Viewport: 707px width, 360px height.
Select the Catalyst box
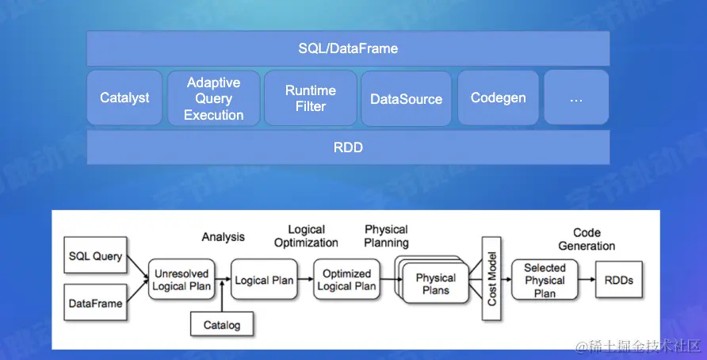124,98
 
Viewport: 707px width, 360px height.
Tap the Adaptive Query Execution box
213,98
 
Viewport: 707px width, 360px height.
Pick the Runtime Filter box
310,98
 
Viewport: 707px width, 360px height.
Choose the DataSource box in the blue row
406,99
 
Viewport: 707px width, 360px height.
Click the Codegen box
498,98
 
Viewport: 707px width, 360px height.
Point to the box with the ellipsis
575,98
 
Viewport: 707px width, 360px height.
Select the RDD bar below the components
347,147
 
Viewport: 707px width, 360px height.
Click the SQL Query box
95,256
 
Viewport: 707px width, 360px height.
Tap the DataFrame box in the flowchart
95,303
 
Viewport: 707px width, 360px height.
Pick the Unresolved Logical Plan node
182,280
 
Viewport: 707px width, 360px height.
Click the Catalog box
221,324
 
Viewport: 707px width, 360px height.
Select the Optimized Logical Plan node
346,280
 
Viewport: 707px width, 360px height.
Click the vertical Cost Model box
491,279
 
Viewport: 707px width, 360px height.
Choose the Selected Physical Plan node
545,280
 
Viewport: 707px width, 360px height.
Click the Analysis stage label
223,236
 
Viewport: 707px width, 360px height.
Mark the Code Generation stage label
587,239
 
